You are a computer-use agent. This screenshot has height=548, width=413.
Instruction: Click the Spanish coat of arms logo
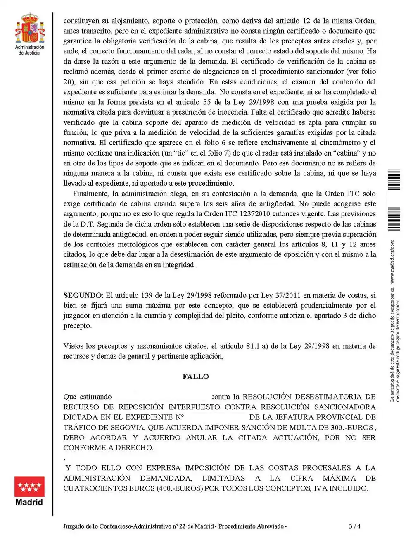click(30, 28)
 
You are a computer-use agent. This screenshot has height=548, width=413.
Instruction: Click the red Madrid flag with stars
click(29, 486)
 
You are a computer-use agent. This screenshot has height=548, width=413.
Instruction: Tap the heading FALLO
click(196, 376)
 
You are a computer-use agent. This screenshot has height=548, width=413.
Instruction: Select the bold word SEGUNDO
click(82, 295)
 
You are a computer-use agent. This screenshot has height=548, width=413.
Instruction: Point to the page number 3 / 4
click(354, 526)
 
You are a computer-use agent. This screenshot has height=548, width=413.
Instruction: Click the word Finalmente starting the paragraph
click(92, 194)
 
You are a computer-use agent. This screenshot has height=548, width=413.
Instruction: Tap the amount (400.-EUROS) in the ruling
click(180, 488)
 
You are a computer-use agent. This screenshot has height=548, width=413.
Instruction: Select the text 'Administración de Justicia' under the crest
click(30, 50)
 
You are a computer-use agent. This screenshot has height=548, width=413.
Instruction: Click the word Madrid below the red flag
click(29, 503)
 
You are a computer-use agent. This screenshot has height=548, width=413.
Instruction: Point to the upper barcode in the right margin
click(394, 179)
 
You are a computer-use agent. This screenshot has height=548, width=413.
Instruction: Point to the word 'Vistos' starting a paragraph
click(74, 346)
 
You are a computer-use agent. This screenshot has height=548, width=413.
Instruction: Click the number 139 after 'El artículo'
click(147, 295)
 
